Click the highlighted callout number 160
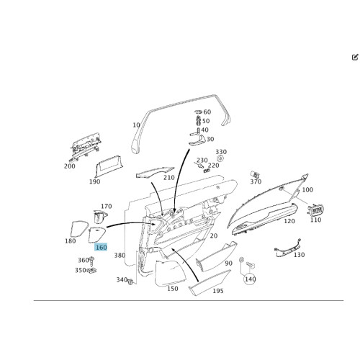pos(101,247)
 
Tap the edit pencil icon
pos(355,58)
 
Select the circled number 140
pos(250,279)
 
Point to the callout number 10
pos(136,125)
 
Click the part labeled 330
pos(220,158)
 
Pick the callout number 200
pos(70,166)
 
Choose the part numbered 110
pos(315,210)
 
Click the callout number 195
pos(218,291)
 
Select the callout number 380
pos(120,256)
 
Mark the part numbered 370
pos(254,174)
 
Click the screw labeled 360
pos(91,261)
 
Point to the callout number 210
pos(169,178)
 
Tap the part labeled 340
pos(131,282)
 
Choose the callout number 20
pos(214,236)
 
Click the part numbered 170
pos(100,216)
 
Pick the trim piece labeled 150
pos(171,274)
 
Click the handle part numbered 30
pos(197,141)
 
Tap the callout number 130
pos(300,255)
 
